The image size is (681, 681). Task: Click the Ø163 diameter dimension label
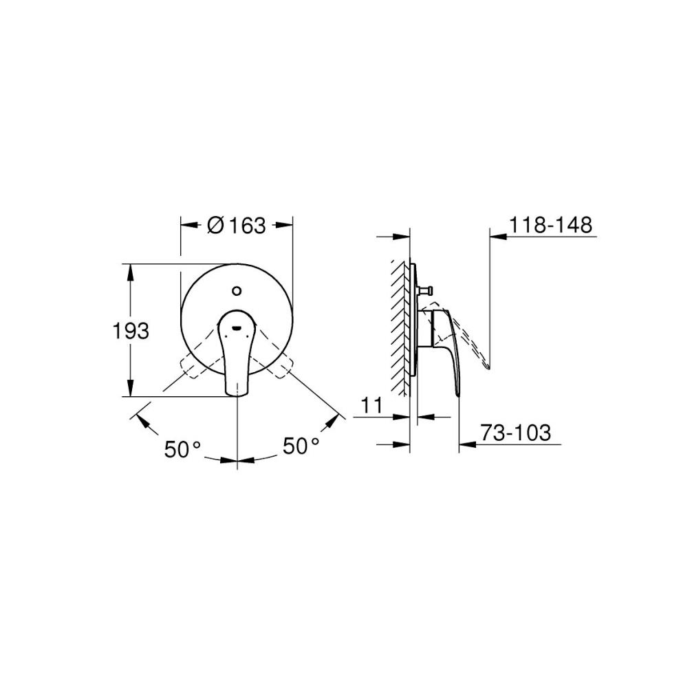click(x=236, y=226)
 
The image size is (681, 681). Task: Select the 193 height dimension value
click(x=131, y=332)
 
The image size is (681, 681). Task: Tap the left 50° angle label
click(x=182, y=448)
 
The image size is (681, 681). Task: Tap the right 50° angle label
click(x=301, y=446)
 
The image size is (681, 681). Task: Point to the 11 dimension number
click(x=371, y=405)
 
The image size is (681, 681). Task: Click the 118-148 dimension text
click(x=550, y=226)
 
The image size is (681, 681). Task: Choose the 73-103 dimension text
click(x=515, y=433)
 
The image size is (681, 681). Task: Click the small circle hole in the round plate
click(x=237, y=290)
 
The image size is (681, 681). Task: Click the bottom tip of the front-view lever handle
click(x=237, y=396)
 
